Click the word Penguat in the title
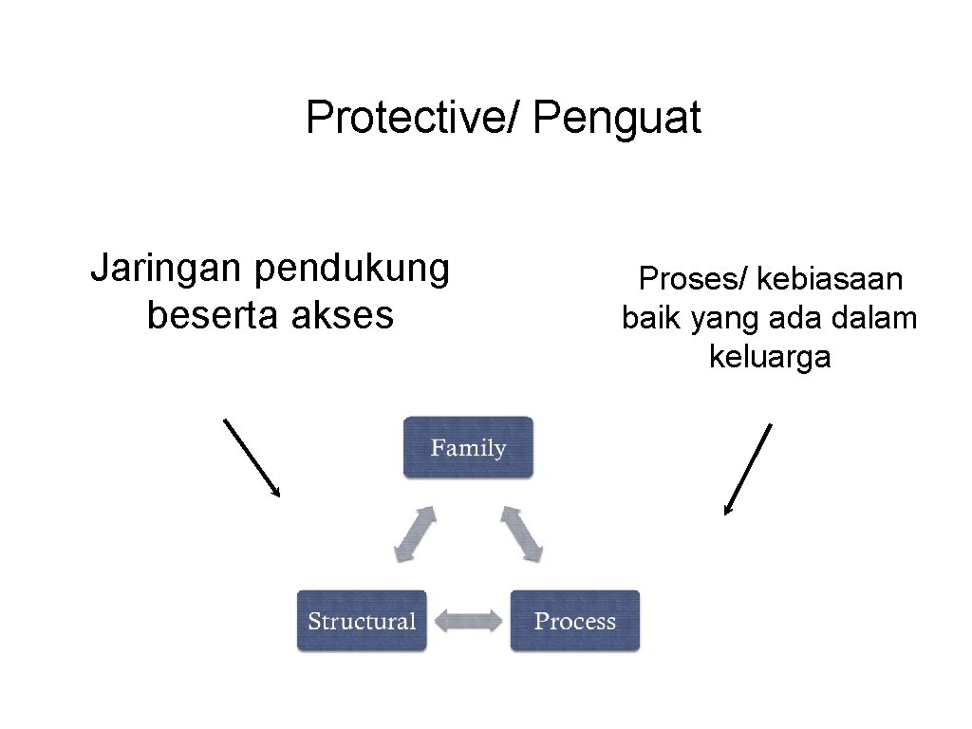pyautogui.click(x=617, y=120)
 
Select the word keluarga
pyautogui.click(x=770, y=357)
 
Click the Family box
pyautogui.click(x=468, y=447)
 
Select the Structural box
pyautogui.click(x=362, y=621)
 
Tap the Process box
pyautogui.click(x=575, y=621)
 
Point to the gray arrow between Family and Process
pyautogui.click(x=521, y=533)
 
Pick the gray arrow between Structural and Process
pyautogui.click(x=468, y=622)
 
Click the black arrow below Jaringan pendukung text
pyautogui.click(x=252, y=457)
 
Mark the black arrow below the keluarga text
pyautogui.click(x=748, y=469)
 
